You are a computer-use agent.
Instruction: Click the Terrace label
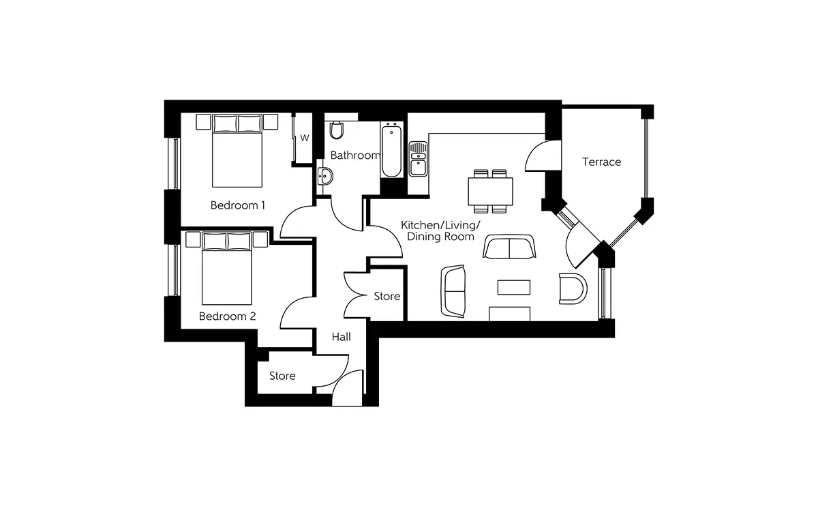point(601,162)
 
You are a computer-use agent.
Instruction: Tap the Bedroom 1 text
point(238,205)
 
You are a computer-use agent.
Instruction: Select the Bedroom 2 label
point(227,316)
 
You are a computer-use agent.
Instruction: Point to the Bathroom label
point(355,155)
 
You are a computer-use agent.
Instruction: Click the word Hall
point(342,337)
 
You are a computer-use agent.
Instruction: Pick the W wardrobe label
point(305,138)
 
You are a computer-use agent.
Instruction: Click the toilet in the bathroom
point(336,130)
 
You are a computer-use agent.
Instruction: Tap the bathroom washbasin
point(324,177)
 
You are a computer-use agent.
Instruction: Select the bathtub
point(391,150)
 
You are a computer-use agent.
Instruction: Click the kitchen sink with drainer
point(418,159)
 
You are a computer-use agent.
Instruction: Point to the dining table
point(490,191)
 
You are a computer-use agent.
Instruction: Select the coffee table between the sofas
point(514,287)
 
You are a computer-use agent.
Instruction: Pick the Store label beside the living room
point(387,296)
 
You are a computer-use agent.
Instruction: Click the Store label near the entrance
point(282,376)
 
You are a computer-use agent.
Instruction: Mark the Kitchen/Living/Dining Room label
point(440,231)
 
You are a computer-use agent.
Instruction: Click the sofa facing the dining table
point(509,247)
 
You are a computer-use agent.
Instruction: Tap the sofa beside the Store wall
point(453,291)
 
